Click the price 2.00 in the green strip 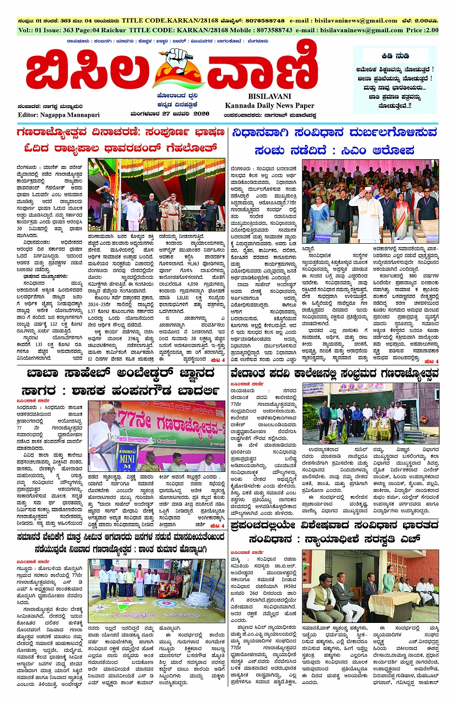pyautogui.click(x=429, y=30)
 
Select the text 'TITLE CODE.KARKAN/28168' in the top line pyautogui.click(x=163, y=21)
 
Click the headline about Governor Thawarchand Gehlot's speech pyautogui.click(x=121, y=139)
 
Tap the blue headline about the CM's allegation pyautogui.click(x=334, y=140)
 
